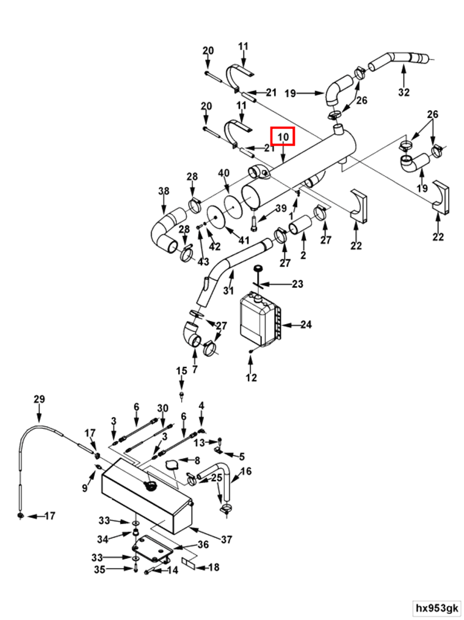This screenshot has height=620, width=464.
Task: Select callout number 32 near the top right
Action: (x=404, y=92)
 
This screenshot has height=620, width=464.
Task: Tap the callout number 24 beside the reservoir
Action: (x=305, y=325)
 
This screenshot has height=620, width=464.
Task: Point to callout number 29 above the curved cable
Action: (x=39, y=399)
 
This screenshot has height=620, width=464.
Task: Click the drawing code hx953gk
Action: (x=437, y=608)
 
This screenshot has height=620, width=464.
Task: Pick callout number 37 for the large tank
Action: (x=227, y=539)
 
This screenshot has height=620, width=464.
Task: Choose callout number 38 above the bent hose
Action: (x=164, y=191)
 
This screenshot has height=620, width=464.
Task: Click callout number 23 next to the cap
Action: (x=297, y=284)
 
